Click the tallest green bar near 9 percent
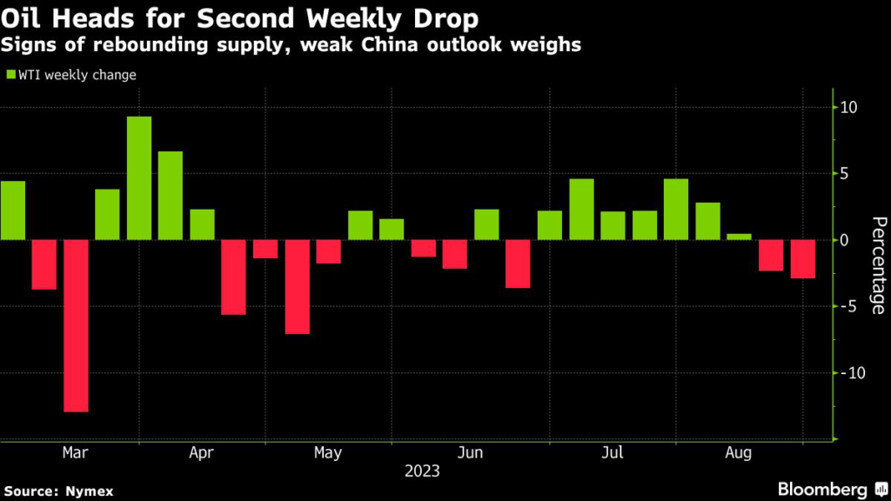click(139, 178)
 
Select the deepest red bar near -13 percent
click(76, 325)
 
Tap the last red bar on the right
click(803, 259)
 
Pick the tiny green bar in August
click(740, 237)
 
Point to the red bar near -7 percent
click(298, 286)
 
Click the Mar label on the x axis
click(76, 453)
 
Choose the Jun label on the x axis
click(470, 453)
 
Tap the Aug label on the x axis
click(739, 453)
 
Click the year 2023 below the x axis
click(422, 472)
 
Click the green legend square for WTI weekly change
click(11, 76)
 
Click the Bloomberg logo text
click(823, 489)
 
